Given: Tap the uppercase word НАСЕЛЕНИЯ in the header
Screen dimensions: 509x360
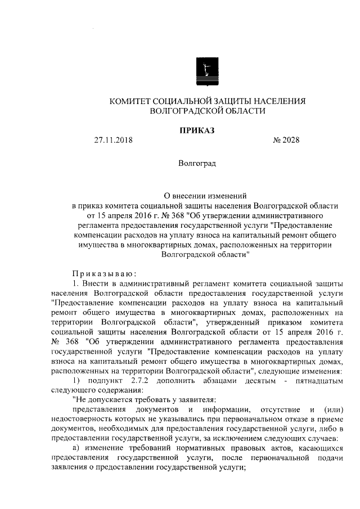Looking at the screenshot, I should click(277, 101).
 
